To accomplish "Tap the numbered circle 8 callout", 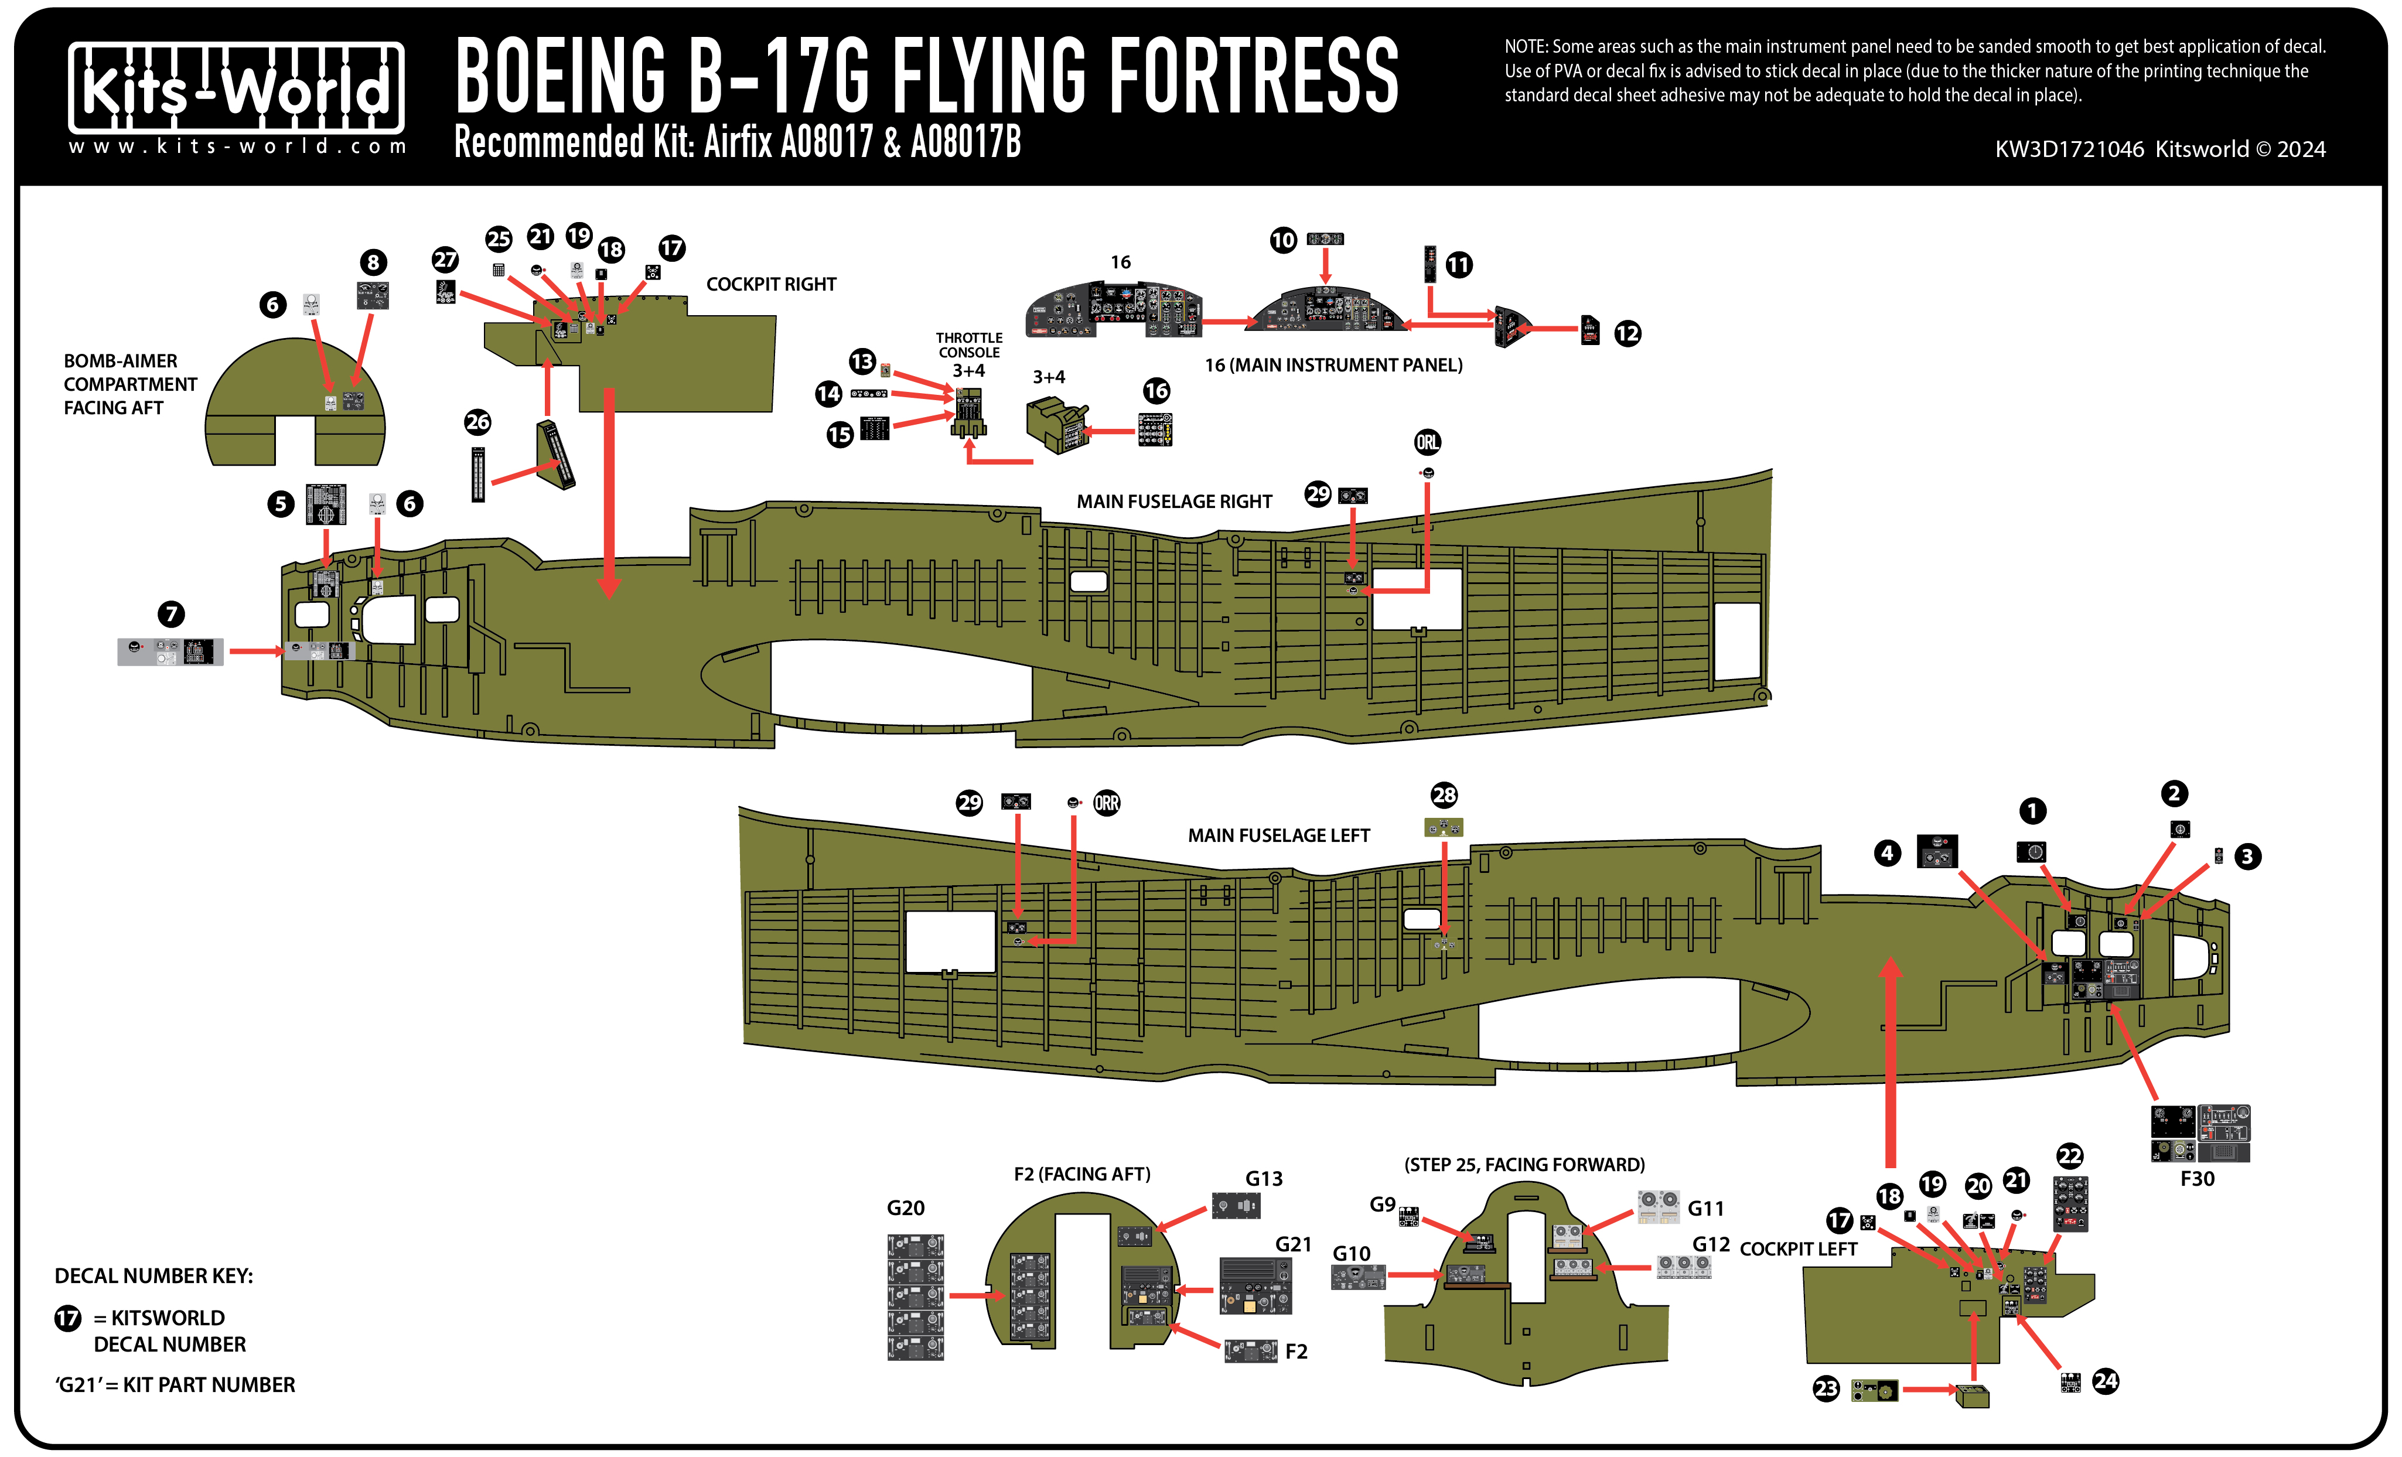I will (373, 262).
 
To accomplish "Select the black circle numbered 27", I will (445, 260).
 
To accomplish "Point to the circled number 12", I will (1627, 333).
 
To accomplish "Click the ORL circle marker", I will (1427, 442).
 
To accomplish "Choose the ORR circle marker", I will (1107, 803).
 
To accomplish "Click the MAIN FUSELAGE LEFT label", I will (1278, 835).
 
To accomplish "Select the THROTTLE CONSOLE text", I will (969, 345).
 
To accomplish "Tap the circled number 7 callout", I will (172, 614).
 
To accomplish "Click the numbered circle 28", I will (1444, 795).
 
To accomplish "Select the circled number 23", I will (1826, 1389).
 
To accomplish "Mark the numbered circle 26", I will (477, 422).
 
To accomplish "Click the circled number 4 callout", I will (1887, 854).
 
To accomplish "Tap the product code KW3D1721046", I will (2069, 149).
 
